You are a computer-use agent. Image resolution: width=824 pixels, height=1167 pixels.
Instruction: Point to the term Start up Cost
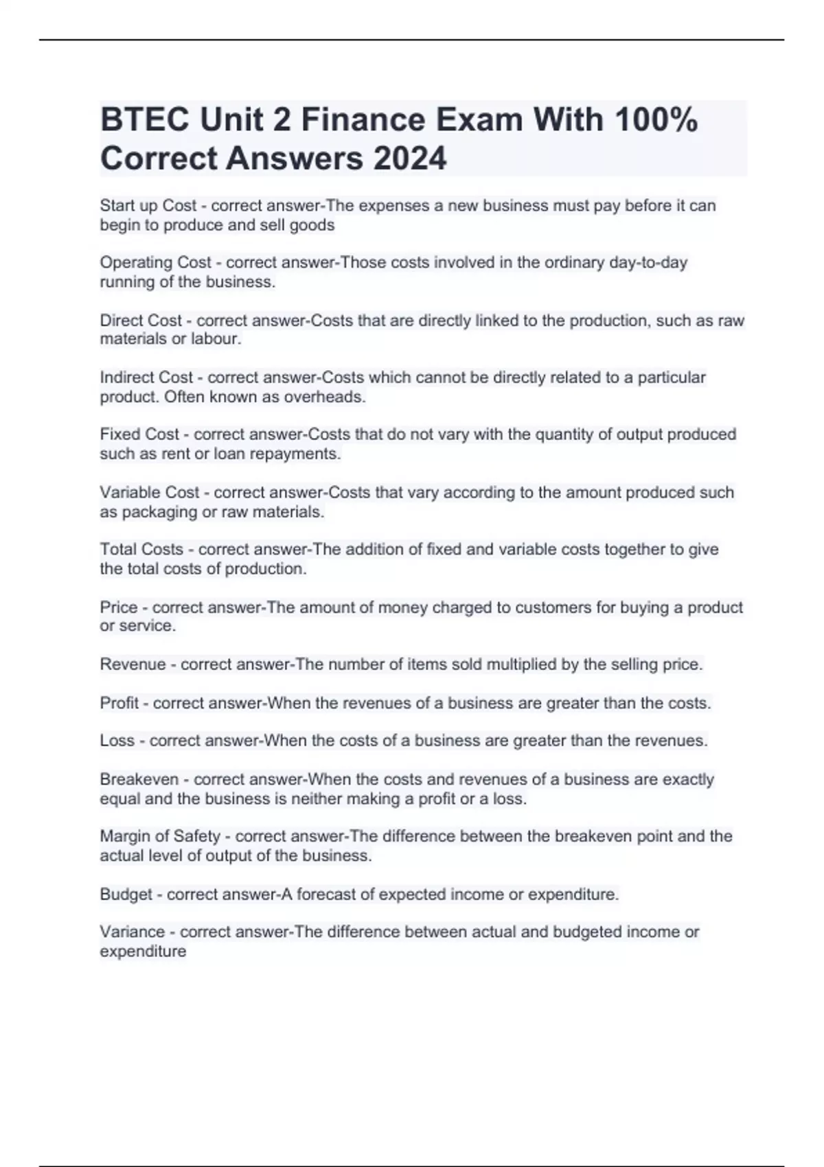point(148,206)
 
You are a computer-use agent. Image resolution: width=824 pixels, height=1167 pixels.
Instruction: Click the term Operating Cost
point(156,263)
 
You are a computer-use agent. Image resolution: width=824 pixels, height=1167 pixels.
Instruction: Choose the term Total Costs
point(141,550)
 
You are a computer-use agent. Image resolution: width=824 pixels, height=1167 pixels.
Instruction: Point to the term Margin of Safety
point(160,837)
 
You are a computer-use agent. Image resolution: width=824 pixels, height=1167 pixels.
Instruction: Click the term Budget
point(126,894)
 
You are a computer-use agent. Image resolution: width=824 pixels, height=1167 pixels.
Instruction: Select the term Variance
point(133,932)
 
